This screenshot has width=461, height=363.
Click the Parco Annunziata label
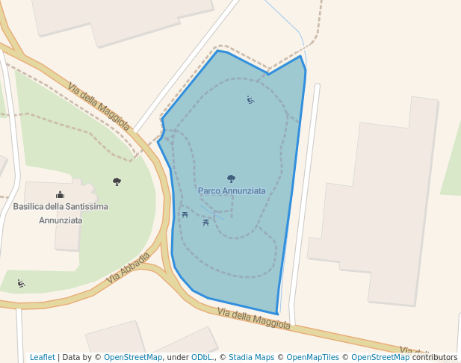pyautogui.click(x=232, y=191)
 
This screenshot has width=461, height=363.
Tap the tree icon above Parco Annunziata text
pyautogui.click(x=231, y=179)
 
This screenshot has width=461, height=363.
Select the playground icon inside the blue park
pyautogui.click(x=250, y=99)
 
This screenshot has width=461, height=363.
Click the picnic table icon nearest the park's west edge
pyautogui.click(x=185, y=215)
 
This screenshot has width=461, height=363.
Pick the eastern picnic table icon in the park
pyautogui.click(x=205, y=222)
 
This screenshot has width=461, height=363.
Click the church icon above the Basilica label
pyautogui.click(x=60, y=195)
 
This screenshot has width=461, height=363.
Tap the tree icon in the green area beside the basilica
pyautogui.click(x=117, y=181)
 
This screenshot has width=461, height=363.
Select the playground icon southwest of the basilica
pyautogui.click(x=21, y=283)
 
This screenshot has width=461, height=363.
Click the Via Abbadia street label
pyautogui.click(x=128, y=267)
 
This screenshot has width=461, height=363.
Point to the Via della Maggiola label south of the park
pyautogui.click(x=253, y=318)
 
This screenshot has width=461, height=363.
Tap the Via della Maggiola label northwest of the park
pyautogui.click(x=99, y=107)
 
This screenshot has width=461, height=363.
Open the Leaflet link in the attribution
pyautogui.click(x=42, y=357)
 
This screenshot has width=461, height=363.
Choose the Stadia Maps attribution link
pyautogui.click(x=251, y=357)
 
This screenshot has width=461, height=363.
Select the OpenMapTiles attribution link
pyautogui.click(x=312, y=357)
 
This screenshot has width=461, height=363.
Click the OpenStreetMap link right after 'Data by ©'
pyautogui.click(x=133, y=357)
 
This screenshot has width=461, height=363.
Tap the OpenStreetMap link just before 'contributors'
pyautogui.click(x=381, y=357)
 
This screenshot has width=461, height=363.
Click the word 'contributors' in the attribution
pyautogui.click(x=435, y=357)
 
